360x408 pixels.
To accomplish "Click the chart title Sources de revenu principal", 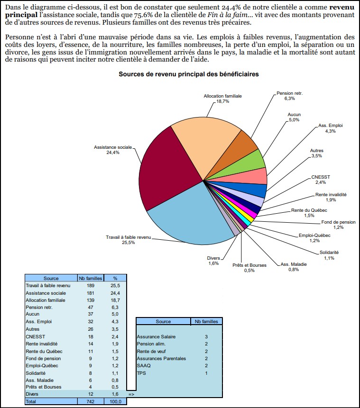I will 188,74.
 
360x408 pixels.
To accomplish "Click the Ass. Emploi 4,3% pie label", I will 330,128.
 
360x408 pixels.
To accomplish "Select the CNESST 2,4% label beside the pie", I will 320,180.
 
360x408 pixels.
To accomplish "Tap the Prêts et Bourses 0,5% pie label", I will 249,268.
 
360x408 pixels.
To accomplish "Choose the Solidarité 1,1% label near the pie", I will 329,255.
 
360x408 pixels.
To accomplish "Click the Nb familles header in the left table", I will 90,278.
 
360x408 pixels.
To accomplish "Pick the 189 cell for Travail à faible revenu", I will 90,286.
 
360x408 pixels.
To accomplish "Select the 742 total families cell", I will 90,401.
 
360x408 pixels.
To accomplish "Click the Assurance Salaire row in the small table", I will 156,336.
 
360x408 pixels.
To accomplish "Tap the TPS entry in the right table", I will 141,373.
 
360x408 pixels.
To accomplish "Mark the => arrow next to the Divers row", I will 131,394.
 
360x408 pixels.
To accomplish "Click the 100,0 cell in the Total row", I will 115,401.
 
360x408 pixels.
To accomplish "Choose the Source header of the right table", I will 163,321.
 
